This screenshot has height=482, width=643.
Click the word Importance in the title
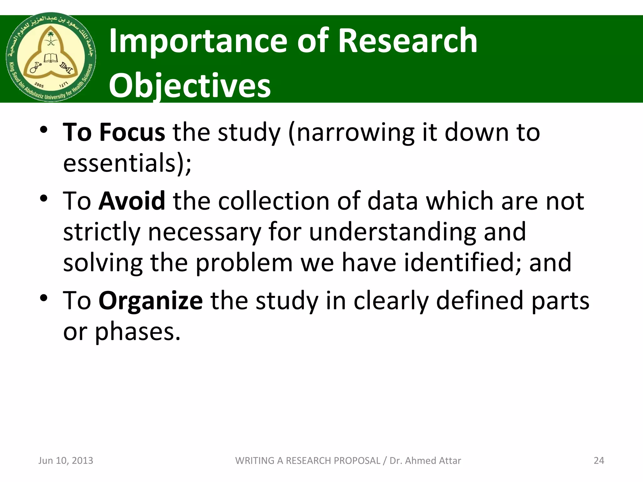198,41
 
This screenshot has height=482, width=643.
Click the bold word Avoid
132,201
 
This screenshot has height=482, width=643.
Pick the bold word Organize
151,301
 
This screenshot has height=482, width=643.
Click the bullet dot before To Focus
44,130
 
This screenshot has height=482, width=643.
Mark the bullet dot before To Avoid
44,198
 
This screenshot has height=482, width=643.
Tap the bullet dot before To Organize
44,298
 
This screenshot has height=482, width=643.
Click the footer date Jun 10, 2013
66,460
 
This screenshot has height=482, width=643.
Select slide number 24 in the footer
599,460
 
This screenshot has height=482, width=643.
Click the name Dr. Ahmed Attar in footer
425,460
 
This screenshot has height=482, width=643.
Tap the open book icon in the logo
51,58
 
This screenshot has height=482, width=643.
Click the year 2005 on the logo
39,85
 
